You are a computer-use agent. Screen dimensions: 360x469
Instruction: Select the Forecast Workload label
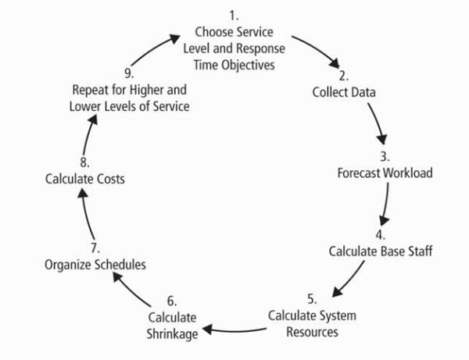385,173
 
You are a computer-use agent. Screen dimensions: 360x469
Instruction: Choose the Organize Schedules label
95,265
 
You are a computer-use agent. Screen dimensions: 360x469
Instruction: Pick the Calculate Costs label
84,179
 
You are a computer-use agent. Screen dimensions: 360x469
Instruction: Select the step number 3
385,156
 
